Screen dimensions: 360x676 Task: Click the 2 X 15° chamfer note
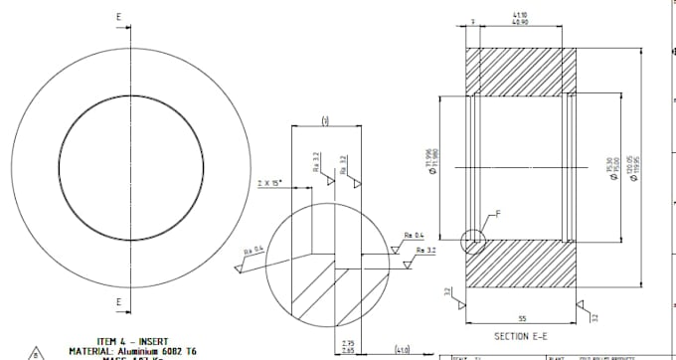269,183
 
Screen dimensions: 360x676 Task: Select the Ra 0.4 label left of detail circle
253,249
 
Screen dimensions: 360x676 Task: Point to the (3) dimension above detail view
325,120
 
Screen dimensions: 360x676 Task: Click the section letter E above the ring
118,16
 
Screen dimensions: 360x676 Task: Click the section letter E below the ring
118,301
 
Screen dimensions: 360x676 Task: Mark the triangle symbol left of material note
37,352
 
